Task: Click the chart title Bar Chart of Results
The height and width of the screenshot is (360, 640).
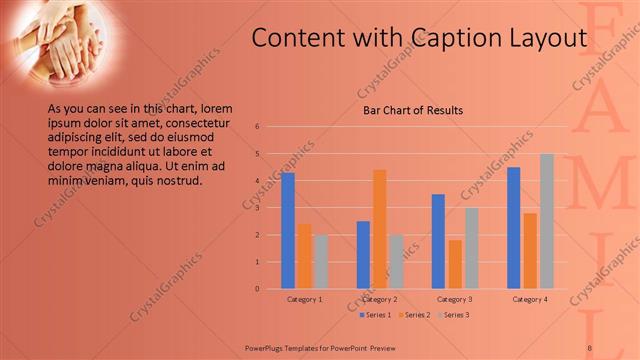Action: pos(412,110)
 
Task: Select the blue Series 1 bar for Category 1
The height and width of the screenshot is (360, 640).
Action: pos(288,230)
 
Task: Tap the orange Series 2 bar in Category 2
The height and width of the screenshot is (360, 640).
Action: pos(380,229)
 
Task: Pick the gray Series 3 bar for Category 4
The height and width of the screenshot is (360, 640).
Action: pos(547,221)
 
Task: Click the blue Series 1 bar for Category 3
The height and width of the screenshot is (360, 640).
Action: pos(438,241)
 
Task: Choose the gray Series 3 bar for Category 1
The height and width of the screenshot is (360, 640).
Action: pos(320,261)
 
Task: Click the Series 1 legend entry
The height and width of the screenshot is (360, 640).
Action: pos(375,315)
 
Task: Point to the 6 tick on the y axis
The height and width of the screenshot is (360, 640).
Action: pos(257,127)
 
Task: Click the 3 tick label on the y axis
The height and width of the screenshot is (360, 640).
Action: pos(257,208)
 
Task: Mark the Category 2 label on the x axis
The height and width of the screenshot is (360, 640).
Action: pos(379,299)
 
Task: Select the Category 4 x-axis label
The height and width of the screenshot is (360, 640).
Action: pos(530,299)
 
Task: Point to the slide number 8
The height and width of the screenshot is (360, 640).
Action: pos(590,347)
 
